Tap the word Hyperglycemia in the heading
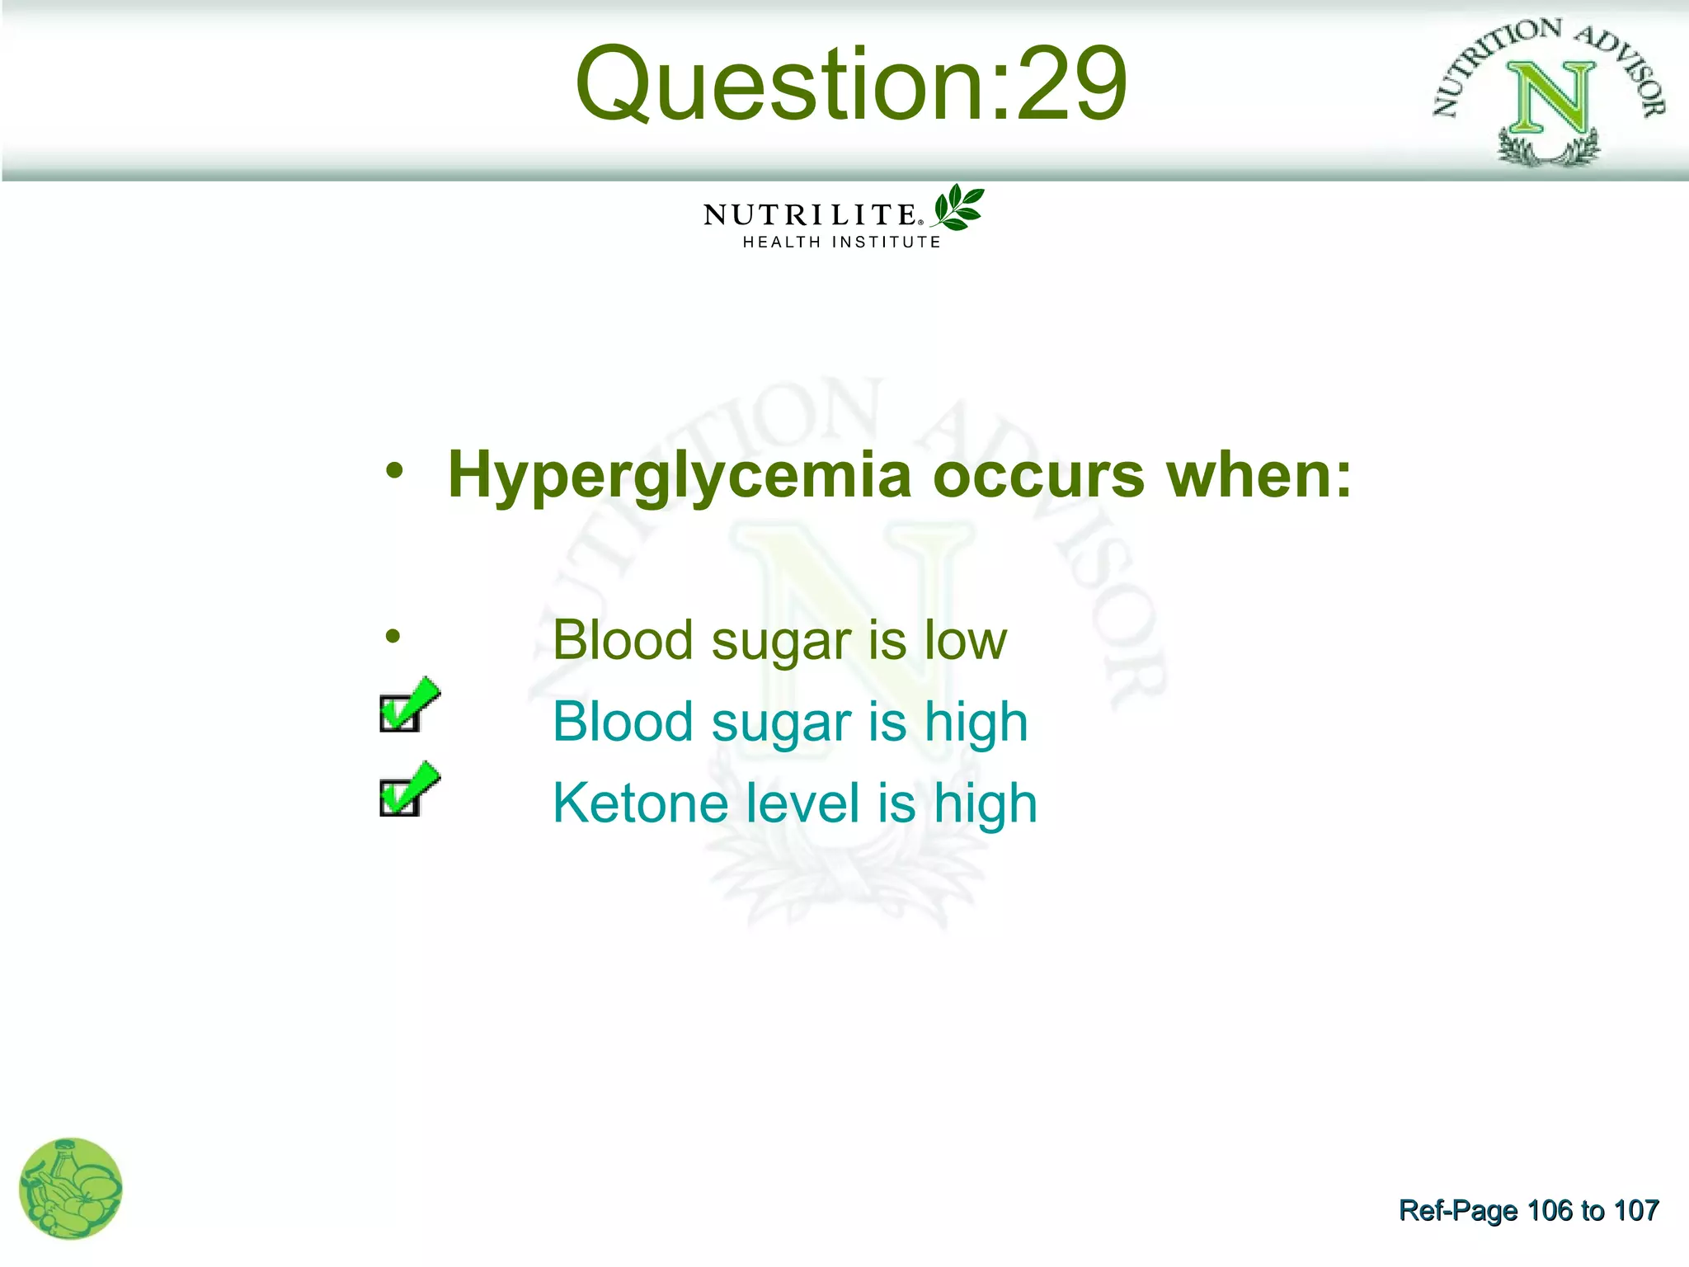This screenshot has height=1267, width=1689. (x=679, y=477)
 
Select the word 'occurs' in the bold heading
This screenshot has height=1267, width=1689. (x=1038, y=477)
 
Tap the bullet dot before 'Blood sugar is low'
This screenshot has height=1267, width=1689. (x=393, y=636)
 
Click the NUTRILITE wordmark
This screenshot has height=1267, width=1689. (x=811, y=215)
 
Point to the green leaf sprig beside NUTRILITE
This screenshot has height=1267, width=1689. (x=958, y=207)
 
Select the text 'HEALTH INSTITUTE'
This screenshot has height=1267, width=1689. (x=841, y=243)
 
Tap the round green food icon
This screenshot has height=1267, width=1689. (x=71, y=1189)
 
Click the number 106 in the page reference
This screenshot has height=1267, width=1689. (x=1550, y=1210)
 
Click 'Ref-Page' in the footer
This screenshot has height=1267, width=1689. (x=1458, y=1210)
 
